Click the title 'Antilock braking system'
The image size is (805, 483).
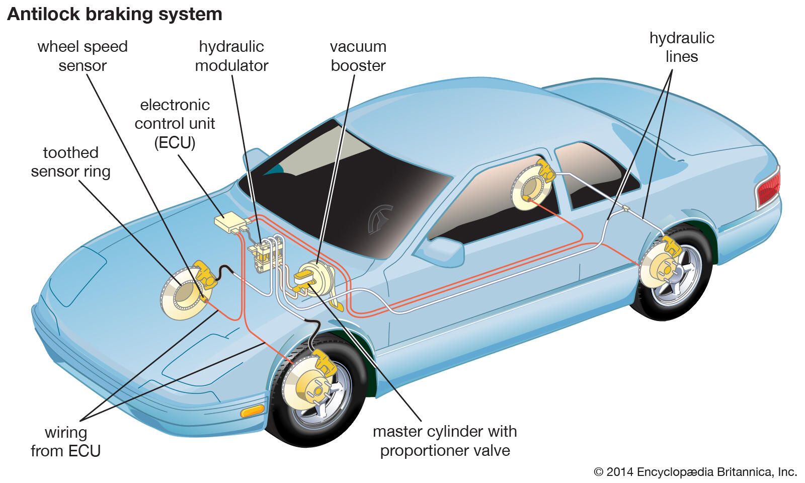[x=115, y=14]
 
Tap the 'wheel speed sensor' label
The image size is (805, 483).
[x=83, y=56]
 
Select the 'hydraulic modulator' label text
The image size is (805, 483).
[x=231, y=56]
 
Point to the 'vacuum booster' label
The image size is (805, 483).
[x=358, y=56]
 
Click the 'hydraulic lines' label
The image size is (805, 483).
[x=682, y=47]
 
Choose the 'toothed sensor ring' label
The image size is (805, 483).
[x=70, y=162]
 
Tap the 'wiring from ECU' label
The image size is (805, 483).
[x=65, y=441]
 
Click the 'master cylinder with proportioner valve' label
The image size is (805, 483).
[x=445, y=440]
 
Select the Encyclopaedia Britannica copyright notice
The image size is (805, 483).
[x=695, y=472]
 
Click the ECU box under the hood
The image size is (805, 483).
[x=229, y=221]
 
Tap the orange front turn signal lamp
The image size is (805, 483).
[x=252, y=411]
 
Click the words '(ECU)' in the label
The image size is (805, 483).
[x=175, y=143]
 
